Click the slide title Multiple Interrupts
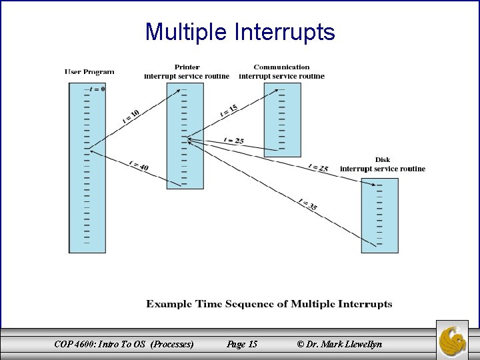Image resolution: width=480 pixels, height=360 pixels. (240, 31)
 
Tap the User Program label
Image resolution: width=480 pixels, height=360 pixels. (89, 72)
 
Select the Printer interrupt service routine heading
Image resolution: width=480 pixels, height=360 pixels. (187, 71)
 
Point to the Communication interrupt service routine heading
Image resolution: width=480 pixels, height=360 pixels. (281, 71)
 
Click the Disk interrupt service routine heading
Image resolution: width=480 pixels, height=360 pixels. (382, 164)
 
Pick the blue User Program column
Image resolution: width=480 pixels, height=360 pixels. (87, 200)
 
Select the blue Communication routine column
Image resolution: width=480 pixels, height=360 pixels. (283, 120)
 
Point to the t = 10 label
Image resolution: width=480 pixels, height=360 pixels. (131, 116)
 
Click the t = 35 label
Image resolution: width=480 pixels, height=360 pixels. (307, 205)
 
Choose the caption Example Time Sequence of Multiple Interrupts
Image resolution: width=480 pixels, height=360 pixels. (269, 304)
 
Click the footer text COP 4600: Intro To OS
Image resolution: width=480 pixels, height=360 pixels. (124, 344)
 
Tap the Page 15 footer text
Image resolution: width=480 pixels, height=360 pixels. (242, 344)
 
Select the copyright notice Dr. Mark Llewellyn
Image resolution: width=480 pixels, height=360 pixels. (340, 344)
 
